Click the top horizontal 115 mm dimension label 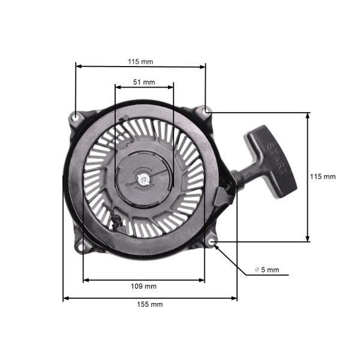point(140,61)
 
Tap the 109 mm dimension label point(144,286)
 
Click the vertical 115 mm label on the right point(323,176)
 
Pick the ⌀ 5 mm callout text point(267,270)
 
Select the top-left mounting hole point(76,115)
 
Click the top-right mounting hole point(206,111)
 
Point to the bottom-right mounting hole point(214,242)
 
